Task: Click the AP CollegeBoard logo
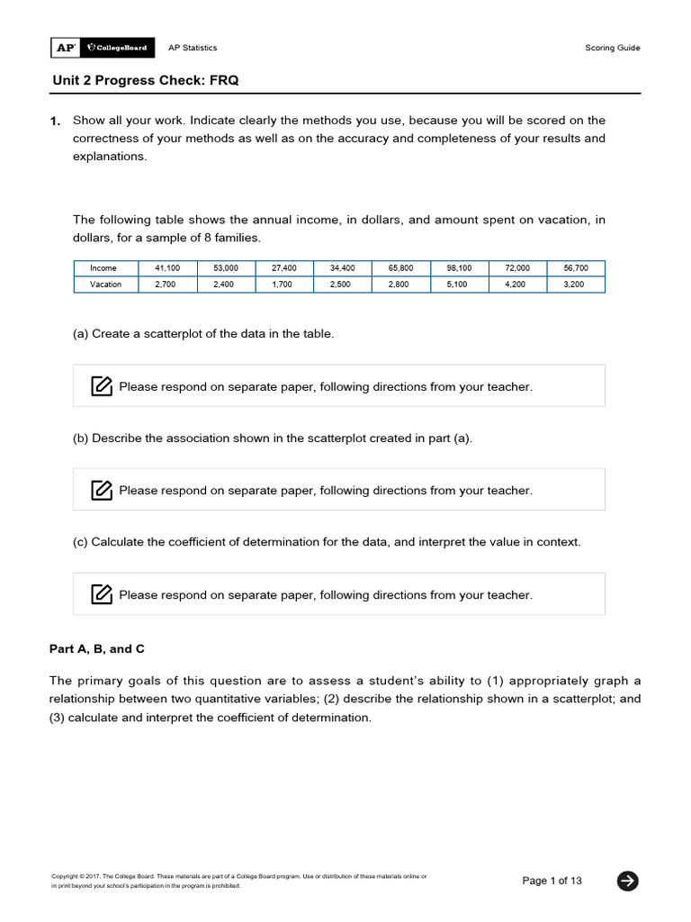(102, 48)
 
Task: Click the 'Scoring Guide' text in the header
(613, 48)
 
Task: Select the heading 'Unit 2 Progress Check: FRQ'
(145, 81)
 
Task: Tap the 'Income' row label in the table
(105, 268)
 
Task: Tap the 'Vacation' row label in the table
(105, 285)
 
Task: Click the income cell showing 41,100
(167, 268)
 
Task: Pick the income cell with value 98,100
(459, 268)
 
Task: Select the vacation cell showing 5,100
(459, 285)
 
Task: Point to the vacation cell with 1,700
(284, 285)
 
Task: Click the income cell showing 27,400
(284, 268)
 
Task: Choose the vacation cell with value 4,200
(517, 285)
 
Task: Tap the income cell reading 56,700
(576, 268)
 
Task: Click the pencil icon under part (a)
(102, 386)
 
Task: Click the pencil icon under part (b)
(102, 491)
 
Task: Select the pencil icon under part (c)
(102, 594)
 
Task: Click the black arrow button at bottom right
(628, 881)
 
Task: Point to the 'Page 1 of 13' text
(552, 881)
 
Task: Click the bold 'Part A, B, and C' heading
(91, 648)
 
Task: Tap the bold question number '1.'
(56, 121)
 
